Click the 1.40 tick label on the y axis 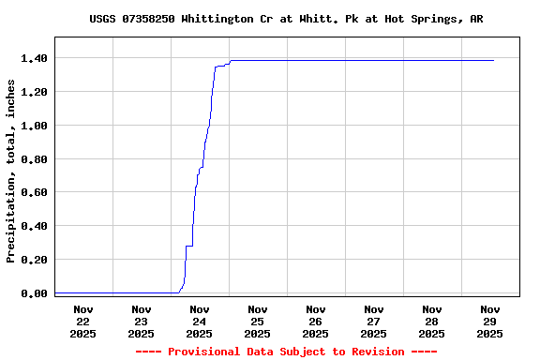35,58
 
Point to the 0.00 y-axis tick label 35,293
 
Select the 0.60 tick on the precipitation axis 35,192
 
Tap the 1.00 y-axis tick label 35,126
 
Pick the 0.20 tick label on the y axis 35,260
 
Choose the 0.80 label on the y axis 35,159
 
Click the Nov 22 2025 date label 82,321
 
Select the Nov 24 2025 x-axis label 199,321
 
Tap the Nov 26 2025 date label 315,321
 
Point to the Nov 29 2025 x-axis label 489,321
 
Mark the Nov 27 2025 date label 373,321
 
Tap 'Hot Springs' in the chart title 432,19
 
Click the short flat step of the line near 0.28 188,246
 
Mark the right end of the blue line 493,60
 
